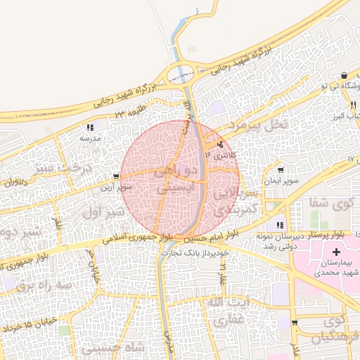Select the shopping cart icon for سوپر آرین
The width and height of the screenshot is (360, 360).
[x=116, y=177]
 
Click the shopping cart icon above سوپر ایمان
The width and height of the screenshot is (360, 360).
[x=281, y=171]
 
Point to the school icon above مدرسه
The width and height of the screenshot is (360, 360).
[x=90, y=128]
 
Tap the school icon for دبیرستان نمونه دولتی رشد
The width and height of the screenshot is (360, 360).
[x=280, y=225]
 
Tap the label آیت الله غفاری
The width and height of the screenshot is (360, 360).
[x=226, y=310]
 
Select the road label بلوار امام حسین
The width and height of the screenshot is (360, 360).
[x=207, y=236]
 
